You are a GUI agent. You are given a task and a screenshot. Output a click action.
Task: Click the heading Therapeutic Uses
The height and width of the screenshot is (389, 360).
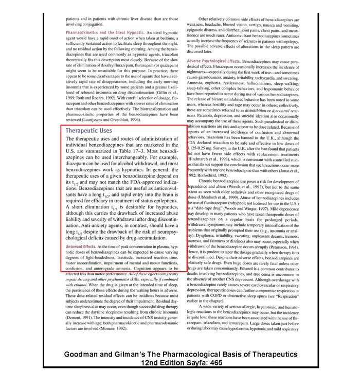coord(89,131)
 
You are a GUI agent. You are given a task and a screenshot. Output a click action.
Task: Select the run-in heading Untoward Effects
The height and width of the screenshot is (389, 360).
coord(81,247)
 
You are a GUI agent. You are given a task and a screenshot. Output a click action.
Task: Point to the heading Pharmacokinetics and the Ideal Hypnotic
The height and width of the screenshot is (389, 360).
coord(105,32)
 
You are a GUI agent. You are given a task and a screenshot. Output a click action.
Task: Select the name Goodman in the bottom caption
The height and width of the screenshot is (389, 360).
coord(85,355)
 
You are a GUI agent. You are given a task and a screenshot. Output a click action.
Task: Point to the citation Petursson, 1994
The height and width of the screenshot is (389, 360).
coord(282,247)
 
